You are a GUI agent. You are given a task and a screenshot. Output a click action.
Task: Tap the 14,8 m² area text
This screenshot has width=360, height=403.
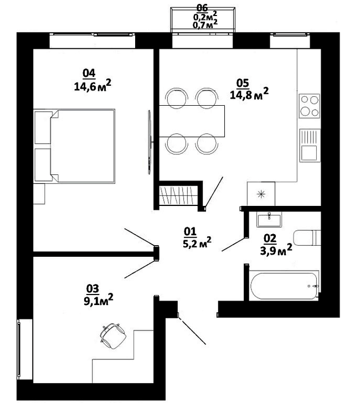(x=249, y=94)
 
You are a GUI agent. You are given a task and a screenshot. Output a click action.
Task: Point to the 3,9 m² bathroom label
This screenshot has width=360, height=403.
(x=276, y=249)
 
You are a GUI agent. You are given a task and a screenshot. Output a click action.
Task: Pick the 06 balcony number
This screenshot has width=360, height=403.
(x=202, y=8)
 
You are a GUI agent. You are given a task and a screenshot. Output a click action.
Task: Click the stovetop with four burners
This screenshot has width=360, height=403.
(x=310, y=106)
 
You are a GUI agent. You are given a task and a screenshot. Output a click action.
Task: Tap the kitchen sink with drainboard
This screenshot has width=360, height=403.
(x=310, y=146)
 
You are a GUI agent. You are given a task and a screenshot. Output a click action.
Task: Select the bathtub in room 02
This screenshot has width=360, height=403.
(x=284, y=286)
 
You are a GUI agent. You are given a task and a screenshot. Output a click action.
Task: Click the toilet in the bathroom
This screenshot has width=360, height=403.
(x=307, y=237)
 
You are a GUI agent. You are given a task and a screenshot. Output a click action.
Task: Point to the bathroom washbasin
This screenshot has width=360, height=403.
(x=269, y=219)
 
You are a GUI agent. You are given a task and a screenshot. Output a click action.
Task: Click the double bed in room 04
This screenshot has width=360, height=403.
(x=74, y=146)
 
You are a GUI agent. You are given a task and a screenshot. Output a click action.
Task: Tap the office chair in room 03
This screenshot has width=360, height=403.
(x=113, y=335)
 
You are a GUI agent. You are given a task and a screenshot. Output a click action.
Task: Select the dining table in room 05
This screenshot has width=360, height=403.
(x=192, y=121)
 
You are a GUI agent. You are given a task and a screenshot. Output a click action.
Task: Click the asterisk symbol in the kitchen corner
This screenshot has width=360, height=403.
(x=261, y=194)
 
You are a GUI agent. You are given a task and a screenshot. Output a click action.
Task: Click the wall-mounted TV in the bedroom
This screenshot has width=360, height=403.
(x=150, y=142)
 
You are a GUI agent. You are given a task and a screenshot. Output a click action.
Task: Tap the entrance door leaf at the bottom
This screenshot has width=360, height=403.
(x=192, y=331)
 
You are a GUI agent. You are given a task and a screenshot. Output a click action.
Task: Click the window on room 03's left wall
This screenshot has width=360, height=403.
(x=19, y=349)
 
